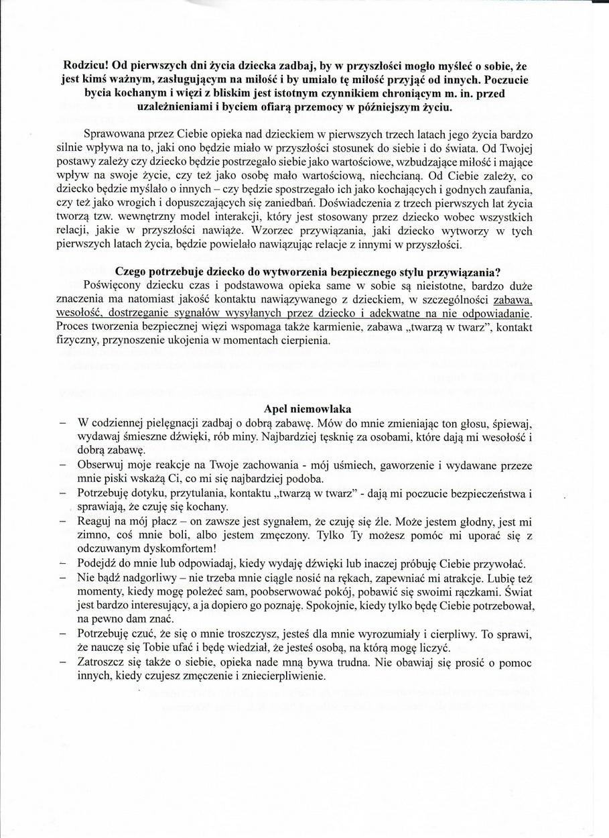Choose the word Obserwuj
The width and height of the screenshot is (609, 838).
[x=102, y=465]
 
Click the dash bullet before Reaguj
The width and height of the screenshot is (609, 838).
[x=62, y=521]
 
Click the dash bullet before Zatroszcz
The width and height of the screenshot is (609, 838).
[x=62, y=662]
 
